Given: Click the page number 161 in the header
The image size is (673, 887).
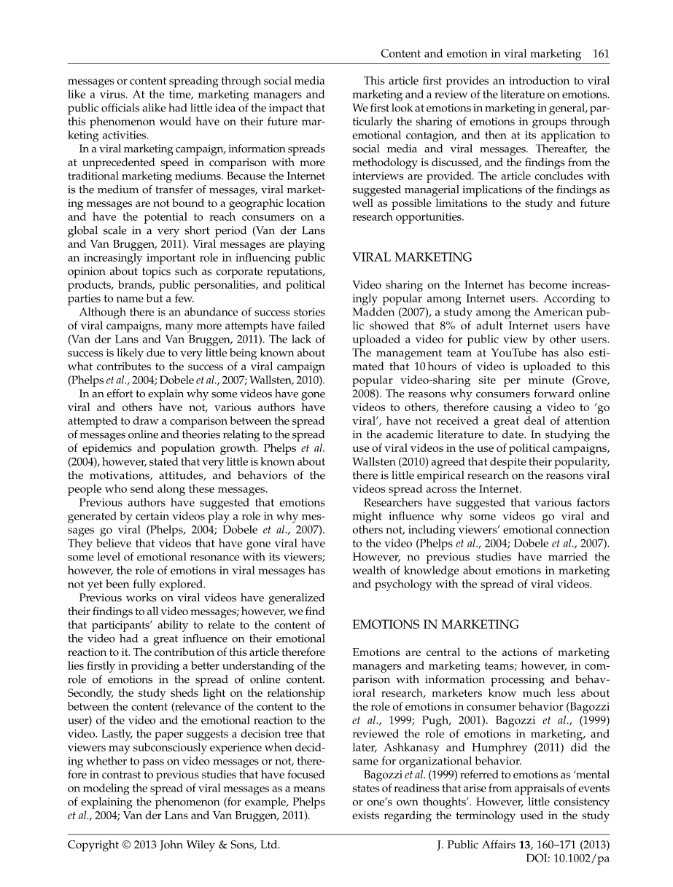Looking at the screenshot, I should coord(600,54).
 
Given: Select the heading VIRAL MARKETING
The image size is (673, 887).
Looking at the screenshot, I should coord(412,257).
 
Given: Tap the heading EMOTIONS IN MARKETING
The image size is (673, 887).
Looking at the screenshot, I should coord(435,625).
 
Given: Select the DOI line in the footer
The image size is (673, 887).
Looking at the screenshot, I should coord(567,859).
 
